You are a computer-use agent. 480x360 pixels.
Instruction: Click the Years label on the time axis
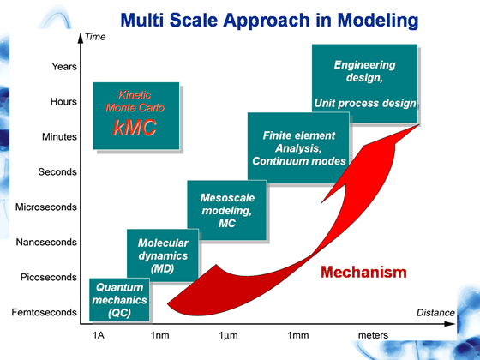64,67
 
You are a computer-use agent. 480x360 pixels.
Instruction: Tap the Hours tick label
63,101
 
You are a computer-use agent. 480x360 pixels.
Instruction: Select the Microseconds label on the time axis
46,207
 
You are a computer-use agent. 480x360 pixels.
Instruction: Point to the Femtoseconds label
44,312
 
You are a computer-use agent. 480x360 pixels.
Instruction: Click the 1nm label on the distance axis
159,335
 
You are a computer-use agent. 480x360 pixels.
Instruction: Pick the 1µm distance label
228,335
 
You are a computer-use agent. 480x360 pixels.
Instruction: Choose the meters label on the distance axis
373,335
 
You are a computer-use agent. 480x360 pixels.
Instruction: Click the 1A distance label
99,335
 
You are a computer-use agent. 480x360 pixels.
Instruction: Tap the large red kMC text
135,127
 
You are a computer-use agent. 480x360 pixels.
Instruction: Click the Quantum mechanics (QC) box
119,300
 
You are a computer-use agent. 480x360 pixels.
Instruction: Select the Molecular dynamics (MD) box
163,255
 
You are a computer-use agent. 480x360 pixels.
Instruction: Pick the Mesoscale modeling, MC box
227,210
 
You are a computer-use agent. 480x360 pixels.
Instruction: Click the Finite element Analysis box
298,148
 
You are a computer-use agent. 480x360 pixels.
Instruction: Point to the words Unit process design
365,104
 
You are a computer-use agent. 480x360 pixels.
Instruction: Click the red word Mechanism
363,273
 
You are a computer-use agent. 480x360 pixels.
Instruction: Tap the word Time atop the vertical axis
95,37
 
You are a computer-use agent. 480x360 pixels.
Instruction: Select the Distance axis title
435,313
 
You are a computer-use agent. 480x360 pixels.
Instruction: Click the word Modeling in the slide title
378,21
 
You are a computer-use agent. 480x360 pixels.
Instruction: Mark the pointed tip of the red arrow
419,124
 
